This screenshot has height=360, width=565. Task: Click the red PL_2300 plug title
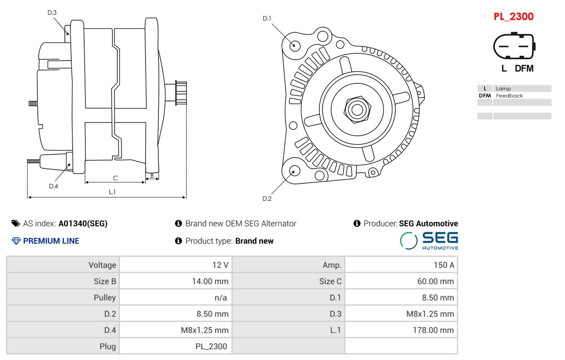click(x=513, y=16)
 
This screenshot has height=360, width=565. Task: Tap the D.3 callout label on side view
click(x=52, y=12)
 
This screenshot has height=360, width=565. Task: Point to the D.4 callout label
click(x=53, y=186)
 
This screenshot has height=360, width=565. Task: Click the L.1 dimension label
click(x=112, y=192)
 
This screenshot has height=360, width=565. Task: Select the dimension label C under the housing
click(x=115, y=178)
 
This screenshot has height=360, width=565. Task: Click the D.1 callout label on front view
click(x=267, y=18)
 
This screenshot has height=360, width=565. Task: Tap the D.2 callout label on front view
click(x=267, y=198)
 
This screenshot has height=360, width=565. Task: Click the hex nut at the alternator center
click(x=357, y=109)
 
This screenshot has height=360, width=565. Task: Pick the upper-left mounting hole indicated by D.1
click(x=295, y=45)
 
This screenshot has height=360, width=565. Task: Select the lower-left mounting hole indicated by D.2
click(x=294, y=171)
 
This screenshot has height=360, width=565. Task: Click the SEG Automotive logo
click(x=429, y=241)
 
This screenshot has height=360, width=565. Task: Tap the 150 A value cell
click(x=443, y=265)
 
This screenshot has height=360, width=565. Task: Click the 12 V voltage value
click(x=220, y=265)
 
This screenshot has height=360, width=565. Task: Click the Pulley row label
click(x=105, y=298)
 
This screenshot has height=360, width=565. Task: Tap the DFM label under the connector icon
click(x=524, y=68)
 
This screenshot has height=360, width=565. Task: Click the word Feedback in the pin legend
click(x=509, y=96)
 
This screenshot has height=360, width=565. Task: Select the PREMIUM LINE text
click(x=51, y=241)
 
